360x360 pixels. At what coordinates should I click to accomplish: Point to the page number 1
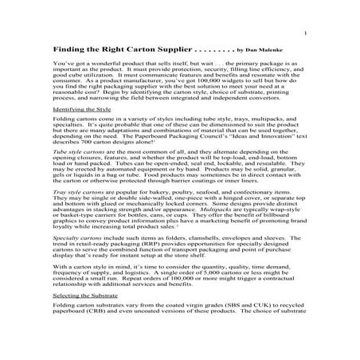click(x=306, y=33)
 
